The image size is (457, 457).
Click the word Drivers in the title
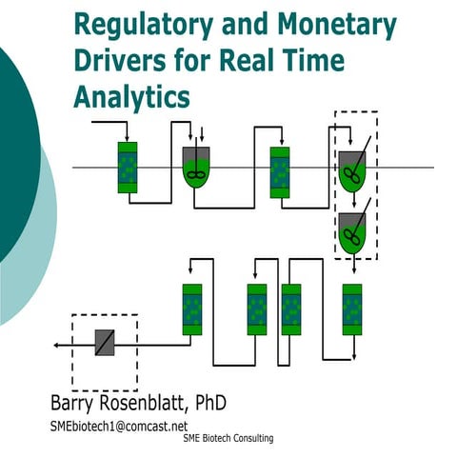(x=120, y=60)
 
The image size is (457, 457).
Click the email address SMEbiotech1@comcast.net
(x=119, y=426)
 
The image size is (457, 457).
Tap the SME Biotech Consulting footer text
(x=228, y=439)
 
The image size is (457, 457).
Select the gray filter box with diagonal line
(x=105, y=342)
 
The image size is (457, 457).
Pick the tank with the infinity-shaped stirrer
(x=195, y=168)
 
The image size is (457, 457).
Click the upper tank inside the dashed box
(x=352, y=169)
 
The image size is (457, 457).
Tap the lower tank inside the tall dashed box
(x=351, y=232)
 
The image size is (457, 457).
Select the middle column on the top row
(x=280, y=171)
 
